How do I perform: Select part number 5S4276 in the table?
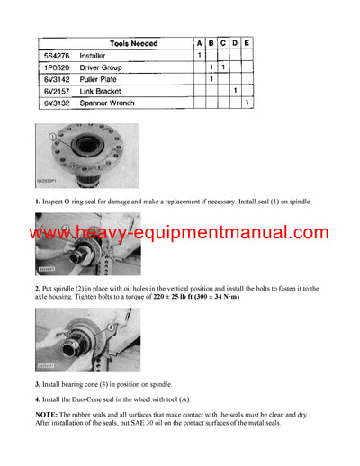tap(55, 56)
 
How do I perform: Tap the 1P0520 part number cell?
tap(55, 67)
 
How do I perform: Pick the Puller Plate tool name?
tap(98, 79)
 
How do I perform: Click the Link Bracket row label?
tap(99, 92)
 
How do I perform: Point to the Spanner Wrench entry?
tap(106, 103)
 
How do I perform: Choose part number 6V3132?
tap(55, 103)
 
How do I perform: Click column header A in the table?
tap(199, 42)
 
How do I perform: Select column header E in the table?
tap(247, 42)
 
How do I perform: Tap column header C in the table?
tap(223, 42)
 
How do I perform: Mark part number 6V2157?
tap(55, 92)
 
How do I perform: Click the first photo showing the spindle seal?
tap(87, 155)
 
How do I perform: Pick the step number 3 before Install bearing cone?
tap(37, 383)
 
